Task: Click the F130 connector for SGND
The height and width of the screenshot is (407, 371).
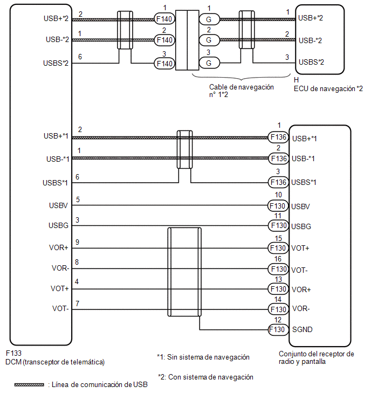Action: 277,329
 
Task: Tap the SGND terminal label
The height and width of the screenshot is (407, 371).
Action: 302,329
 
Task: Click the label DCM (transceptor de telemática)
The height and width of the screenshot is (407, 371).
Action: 55,362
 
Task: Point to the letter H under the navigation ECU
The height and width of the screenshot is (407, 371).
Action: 297,79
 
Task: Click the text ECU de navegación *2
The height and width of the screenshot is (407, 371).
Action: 328,88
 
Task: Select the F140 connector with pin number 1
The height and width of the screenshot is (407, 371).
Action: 165,19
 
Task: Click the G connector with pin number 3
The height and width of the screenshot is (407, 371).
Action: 207,63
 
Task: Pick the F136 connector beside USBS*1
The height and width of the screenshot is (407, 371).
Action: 277,182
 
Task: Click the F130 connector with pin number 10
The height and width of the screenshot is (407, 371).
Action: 277,205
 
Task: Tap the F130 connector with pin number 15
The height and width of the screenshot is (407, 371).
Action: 277,249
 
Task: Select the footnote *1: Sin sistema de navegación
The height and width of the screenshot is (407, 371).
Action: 203,357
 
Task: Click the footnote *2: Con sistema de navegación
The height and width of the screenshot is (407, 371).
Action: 205,377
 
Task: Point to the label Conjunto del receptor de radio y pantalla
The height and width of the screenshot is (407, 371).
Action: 316,358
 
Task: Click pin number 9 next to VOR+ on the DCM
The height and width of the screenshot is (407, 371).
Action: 78,243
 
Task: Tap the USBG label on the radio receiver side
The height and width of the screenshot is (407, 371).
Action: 302,227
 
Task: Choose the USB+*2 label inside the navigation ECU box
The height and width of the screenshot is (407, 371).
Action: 311,18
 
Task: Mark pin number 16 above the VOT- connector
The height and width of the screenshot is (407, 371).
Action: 278,259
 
